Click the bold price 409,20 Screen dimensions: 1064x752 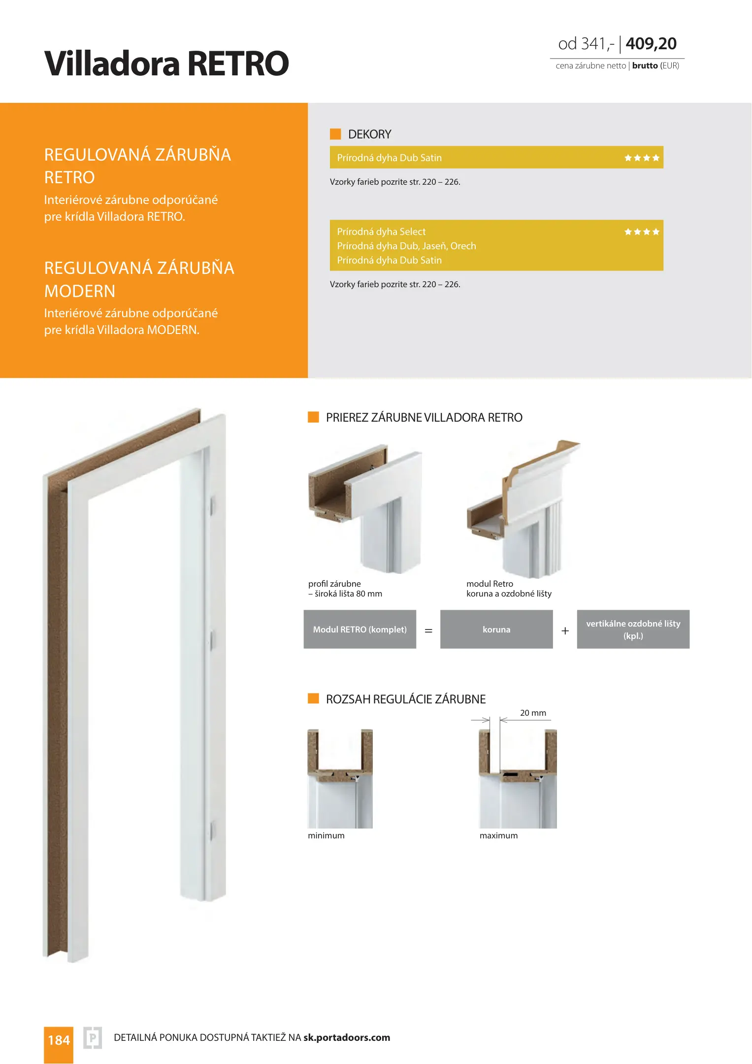tap(651, 44)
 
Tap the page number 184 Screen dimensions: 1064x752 tap(59, 1040)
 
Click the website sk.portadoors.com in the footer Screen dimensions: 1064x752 tap(347, 1037)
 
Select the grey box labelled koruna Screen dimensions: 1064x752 tap(496, 629)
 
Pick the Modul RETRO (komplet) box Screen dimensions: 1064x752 tap(360, 629)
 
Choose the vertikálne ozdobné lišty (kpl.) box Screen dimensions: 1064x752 tap(633, 629)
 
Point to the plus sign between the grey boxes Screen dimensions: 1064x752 tap(565, 631)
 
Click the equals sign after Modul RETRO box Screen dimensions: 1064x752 tap(428, 631)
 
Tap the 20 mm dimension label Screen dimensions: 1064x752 tap(533, 713)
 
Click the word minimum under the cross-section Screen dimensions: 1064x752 tap(326, 835)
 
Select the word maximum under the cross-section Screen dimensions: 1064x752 tap(498, 835)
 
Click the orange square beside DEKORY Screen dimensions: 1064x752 tap(335, 134)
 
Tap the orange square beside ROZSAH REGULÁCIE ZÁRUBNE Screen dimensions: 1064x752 tap(313, 698)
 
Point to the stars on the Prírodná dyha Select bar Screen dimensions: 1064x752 tap(642, 232)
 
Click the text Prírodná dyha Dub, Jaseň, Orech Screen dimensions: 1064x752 tap(406, 246)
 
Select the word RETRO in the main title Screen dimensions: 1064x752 tap(238, 64)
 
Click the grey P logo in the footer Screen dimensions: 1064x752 tap(93, 1038)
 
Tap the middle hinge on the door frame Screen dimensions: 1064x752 tap(213, 640)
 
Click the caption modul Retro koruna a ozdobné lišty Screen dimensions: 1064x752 tap(509, 589)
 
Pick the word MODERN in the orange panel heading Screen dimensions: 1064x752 tap(80, 291)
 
